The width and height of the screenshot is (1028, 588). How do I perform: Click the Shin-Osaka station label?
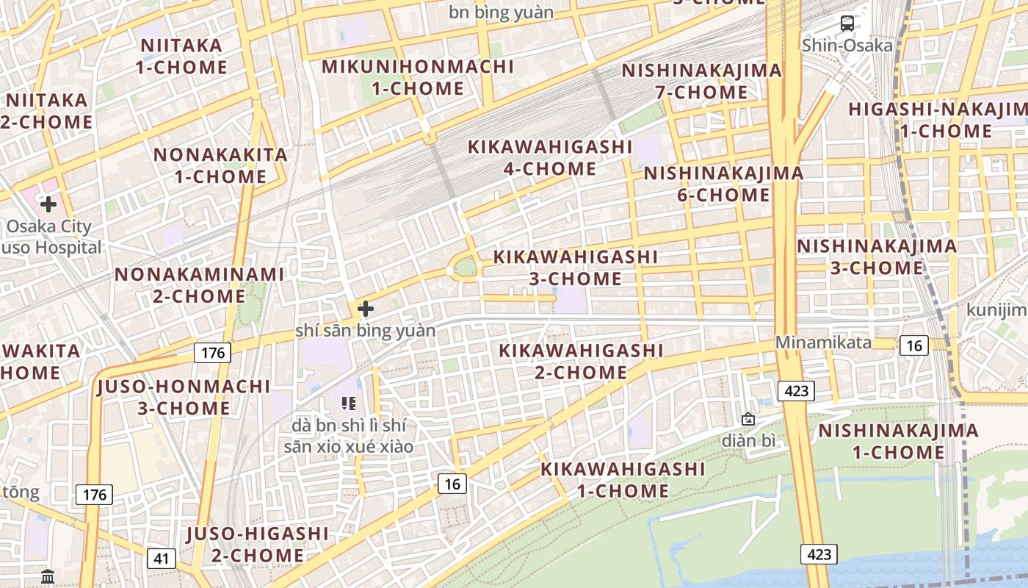pos(847,46)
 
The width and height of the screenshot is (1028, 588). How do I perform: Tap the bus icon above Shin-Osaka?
pos(847,24)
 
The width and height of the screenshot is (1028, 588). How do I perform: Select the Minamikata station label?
pos(824,343)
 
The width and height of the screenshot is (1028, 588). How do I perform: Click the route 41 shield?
pos(162,559)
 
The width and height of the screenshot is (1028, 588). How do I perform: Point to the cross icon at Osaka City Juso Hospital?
pos(48,204)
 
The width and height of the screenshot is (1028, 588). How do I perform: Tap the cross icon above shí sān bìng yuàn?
pos(365,309)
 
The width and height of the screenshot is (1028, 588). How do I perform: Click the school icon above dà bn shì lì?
pos(349,403)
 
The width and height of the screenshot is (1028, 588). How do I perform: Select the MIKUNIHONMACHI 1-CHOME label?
pos(418,77)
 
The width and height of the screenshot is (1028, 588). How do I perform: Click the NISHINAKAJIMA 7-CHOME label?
pos(701,82)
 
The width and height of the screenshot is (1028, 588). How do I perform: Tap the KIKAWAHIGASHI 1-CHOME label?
pos(623,479)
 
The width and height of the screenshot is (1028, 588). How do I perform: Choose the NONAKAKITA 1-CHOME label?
pos(220,165)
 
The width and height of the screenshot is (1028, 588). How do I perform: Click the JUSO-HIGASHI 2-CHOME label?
pos(257,544)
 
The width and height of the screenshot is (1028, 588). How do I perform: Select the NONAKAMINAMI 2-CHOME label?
pos(199,285)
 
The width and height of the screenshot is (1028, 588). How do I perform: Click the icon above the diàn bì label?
pos(748,420)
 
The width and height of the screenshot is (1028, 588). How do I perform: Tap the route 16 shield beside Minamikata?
pos(914,345)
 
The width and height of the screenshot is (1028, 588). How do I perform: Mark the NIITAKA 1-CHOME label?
pos(181,57)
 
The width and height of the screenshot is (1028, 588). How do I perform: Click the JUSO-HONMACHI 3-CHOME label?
pos(184,397)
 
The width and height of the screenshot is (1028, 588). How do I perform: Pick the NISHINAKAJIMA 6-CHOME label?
pos(723,184)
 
